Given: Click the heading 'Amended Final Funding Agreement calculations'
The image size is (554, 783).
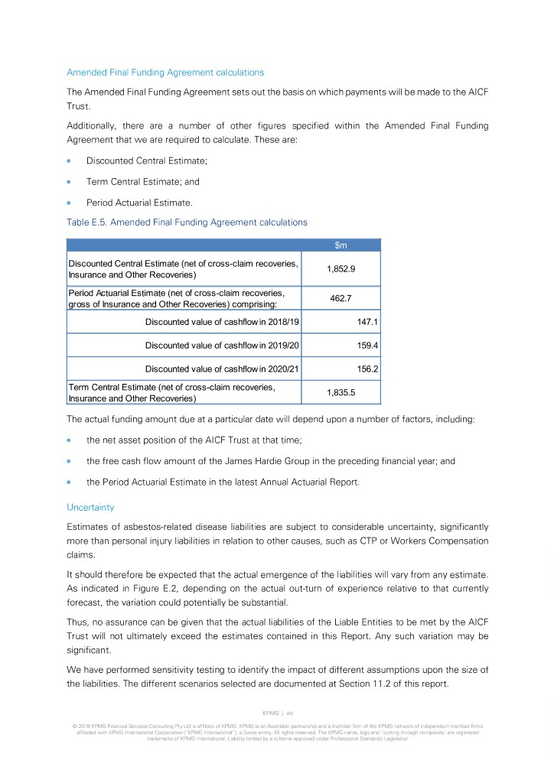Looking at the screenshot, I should (x=165, y=73).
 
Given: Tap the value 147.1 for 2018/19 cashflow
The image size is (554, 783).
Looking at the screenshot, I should (x=369, y=322).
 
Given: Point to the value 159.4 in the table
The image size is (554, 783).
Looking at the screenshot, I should (x=369, y=346).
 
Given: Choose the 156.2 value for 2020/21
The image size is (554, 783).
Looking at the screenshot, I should (x=369, y=369).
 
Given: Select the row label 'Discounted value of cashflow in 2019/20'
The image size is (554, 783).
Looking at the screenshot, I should (x=222, y=346).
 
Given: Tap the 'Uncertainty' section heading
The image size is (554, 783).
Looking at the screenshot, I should (x=90, y=507).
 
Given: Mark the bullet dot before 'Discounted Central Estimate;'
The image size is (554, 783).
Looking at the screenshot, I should (x=70, y=161).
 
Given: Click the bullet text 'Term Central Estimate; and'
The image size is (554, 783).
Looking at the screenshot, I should (x=143, y=182).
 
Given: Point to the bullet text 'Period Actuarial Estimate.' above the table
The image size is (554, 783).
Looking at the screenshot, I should (x=139, y=203).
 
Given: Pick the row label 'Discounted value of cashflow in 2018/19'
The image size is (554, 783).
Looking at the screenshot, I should (x=222, y=322).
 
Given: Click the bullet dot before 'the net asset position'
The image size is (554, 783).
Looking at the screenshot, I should (x=70, y=440).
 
